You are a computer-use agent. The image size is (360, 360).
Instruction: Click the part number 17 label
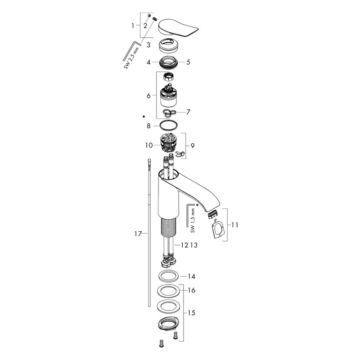pyautogui.click(x=138, y=234)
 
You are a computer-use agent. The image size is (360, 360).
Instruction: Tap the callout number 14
pyautogui.click(x=192, y=276)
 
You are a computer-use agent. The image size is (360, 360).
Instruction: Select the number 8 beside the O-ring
pyautogui.click(x=148, y=126)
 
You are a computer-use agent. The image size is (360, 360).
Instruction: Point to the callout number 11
pyautogui.click(x=234, y=225)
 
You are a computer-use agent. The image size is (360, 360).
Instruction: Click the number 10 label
pyautogui.click(x=149, y=145)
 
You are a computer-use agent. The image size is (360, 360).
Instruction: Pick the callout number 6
pyautogui.click(x=148, y=95)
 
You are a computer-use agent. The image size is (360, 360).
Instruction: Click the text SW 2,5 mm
pyautogui.click(x=131, y=58)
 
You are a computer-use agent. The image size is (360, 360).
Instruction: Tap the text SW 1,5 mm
pyautogui.click(x=193, y=220)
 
